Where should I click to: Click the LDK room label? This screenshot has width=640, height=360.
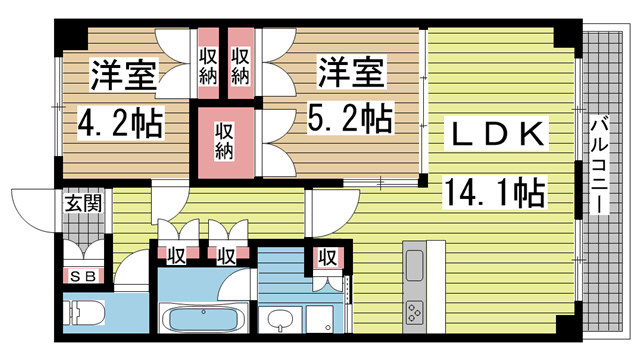coord(498,134)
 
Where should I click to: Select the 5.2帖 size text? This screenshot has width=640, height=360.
coord(350,118)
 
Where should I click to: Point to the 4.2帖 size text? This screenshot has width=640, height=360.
coord(121,123)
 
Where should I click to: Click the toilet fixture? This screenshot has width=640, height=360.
coord(84,313)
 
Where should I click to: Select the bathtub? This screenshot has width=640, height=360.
coord(203,318)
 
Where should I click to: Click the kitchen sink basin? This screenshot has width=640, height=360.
coord(414,265)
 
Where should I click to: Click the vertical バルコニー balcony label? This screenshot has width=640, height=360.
coord(599,164)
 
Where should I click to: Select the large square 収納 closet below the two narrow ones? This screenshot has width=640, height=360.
coord(226,142)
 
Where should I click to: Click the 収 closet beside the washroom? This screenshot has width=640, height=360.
coord(328,258)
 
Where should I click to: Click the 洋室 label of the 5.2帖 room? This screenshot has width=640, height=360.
coord(351,73)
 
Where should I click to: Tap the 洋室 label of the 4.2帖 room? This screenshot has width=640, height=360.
coord(123,75)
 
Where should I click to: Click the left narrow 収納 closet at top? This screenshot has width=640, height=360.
coord(208,64)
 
